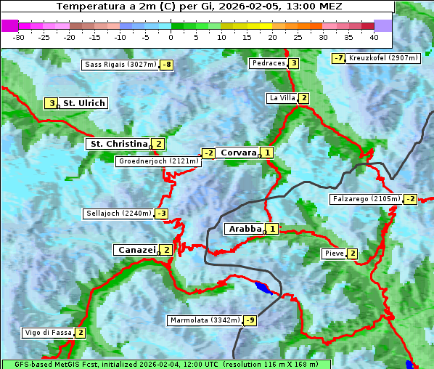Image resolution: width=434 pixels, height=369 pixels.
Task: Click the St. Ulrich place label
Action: [83, 103]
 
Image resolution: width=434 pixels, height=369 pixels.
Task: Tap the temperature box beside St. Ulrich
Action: [51, 103]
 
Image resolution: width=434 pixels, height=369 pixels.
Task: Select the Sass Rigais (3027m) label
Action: [120, 65]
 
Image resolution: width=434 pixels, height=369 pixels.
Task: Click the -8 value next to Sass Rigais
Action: [167, 65]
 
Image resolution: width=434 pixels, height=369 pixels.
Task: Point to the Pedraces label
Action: [268, 63]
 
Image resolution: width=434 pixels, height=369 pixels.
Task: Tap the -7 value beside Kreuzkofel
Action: [338, 58]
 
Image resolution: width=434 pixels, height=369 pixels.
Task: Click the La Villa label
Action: [282, 98]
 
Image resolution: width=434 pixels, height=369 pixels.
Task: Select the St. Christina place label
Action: [118, 144]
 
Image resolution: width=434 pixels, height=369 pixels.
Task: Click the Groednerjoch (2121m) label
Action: [158, 161]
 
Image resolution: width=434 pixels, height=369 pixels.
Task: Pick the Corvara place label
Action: [238, 153]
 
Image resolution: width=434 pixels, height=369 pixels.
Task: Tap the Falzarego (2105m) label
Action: [366, 198]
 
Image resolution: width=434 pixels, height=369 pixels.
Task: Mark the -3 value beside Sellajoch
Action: [161, 214]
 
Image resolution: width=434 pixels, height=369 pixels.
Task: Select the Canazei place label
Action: [136, 249]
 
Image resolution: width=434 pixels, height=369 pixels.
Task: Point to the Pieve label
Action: [334, 254]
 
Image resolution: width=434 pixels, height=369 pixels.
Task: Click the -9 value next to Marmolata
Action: [250, 320]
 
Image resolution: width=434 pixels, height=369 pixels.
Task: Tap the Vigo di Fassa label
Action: [48, 333]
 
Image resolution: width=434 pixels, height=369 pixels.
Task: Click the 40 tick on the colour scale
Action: [374, 37]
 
